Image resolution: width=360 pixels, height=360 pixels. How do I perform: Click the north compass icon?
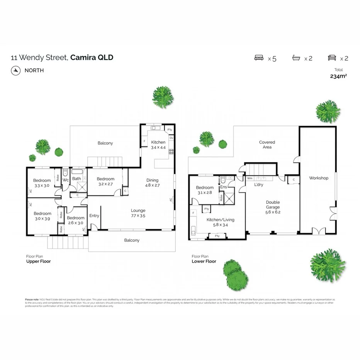coord(15,70)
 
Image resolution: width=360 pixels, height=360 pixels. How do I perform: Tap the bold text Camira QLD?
coord(92,58)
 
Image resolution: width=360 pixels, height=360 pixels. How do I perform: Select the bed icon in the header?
coord(258,58)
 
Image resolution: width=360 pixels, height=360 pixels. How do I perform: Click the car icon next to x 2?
coord(331,58)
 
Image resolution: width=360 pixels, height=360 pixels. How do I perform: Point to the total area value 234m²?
coord(338,76)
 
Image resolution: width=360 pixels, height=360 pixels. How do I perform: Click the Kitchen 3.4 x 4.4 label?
coord(158,145)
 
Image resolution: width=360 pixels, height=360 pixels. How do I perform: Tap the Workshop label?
coord(318,178)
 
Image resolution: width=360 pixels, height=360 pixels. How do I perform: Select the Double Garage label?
coord(272,205)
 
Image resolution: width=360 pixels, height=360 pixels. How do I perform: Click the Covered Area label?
coord(267,144)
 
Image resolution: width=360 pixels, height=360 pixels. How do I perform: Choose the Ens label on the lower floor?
coord(223,187)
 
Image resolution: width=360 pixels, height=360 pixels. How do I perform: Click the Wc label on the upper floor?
coord(65,180)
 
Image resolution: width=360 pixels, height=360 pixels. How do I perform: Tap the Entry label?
coord(94,216)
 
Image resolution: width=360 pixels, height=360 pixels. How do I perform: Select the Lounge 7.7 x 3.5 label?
coord(138,213)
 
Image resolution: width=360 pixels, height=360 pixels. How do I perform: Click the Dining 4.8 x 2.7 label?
coord(152,182)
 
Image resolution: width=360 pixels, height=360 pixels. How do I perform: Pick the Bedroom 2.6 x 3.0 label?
coord(75,221)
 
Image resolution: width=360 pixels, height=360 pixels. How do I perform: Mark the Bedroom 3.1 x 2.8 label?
coord(205,190)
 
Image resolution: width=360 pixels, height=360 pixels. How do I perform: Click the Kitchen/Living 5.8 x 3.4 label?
coord(220,222)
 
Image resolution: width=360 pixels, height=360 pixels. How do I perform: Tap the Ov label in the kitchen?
coord(171,138)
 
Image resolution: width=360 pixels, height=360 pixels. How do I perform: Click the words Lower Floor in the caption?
coord(204,262)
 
